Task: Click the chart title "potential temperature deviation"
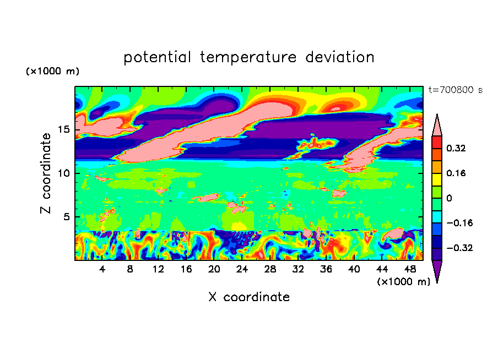tap(248, 57)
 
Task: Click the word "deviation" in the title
tap(340, 57)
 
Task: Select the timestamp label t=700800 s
tap(456, 90)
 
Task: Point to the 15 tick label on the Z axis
tap(64, 129)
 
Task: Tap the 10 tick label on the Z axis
tap(64, 173)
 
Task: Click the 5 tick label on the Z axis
tap(67, 217)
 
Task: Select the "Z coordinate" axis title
tap(46, 173)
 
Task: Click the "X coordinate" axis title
tap(249, 297)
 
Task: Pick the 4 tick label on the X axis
tap(102, 269)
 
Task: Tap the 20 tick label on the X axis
tap(214, 269)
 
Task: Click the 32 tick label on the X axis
tap(298, 269)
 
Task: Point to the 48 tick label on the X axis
tap(410, 269)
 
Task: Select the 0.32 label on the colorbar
tap(456, 148)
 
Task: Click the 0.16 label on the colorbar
tap(456, 173)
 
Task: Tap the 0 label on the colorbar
tap(449, 198)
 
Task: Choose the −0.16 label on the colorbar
tap(459, 223)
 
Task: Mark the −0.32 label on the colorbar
tap(459, 248)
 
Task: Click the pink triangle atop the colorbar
tap(437, 127)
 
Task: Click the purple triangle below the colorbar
tap(437, 269)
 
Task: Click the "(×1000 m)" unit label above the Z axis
tap(52, 71)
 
